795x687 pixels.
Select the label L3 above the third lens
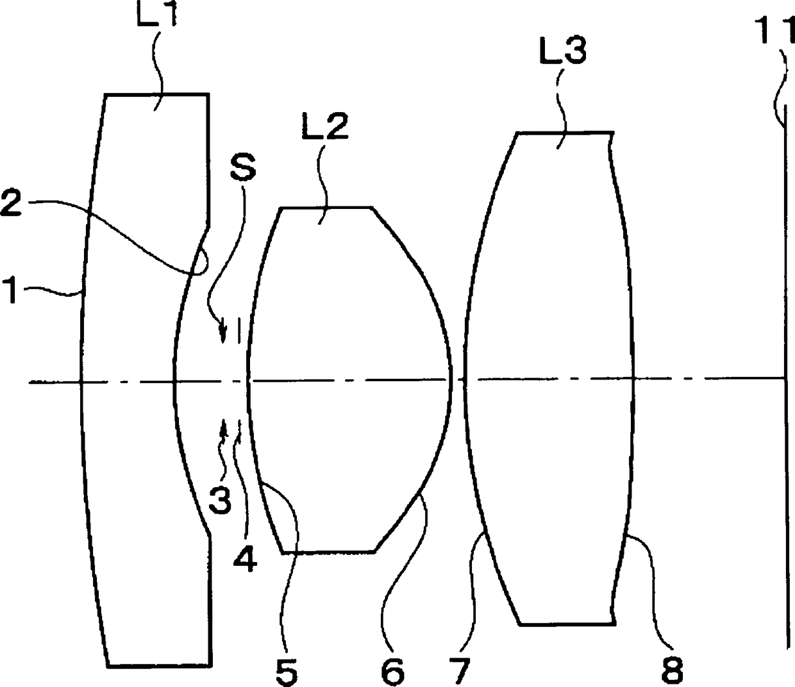pyautogui.click(x=563, y=49)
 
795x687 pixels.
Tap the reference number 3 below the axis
pyautogui.click(x=220, y=499)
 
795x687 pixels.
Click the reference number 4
pyautogui.click(x=245, y=559)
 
